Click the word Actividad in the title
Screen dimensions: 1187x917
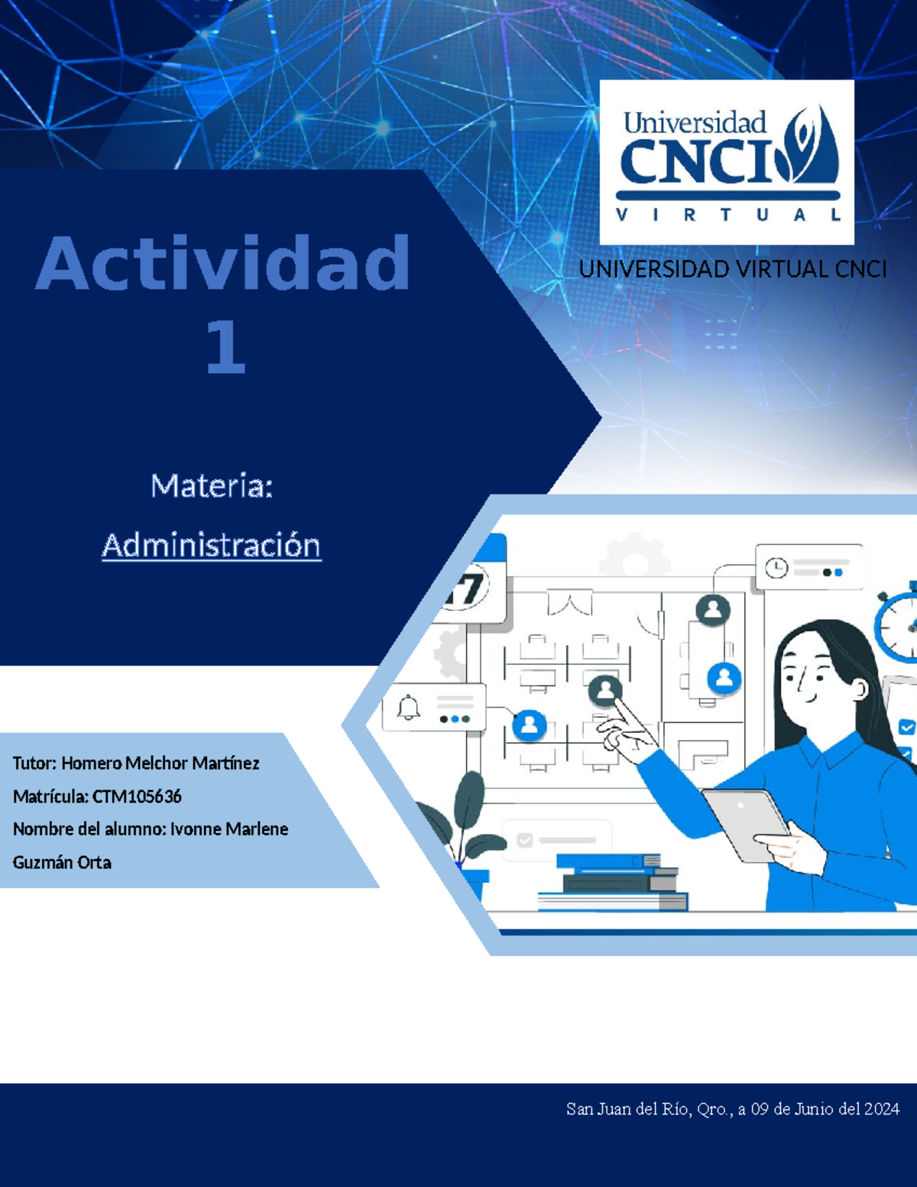[223, 264]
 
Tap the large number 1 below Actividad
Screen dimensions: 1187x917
[225, 348]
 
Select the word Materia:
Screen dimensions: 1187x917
[212, 486]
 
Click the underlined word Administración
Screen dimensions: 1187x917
[212, 546]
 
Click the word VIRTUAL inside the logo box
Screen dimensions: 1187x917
[728, 216]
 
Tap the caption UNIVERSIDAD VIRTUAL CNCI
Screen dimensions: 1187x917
[732, 270]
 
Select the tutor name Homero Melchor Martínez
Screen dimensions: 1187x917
[160, 764]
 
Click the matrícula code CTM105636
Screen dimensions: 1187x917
[137, 796]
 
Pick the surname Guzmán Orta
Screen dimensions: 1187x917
[62, 863]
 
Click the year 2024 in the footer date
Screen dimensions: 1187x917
[882, 1109]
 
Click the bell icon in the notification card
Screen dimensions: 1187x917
[409, 708]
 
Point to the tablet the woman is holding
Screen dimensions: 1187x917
[745, 822]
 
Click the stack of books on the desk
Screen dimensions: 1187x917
[615, 883]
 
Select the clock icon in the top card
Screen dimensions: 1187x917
[776, 568]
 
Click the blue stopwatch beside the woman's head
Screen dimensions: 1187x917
[899, 623]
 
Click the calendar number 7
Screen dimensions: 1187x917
[468, 589]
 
